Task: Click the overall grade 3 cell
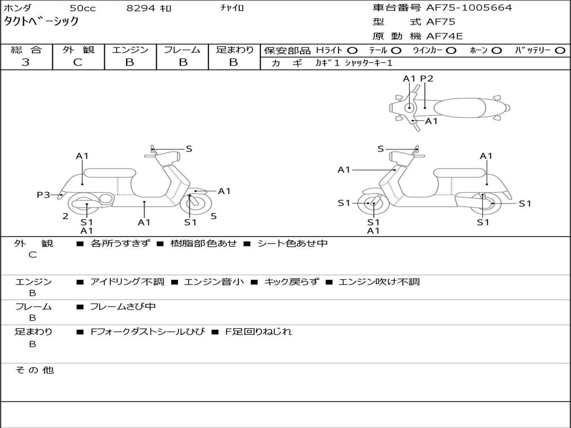[26, 62]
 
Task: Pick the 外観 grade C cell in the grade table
[78, 62]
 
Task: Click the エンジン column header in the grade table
[130, 50]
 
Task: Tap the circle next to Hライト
[352, 50]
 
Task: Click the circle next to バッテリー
[560, 50]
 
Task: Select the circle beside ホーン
[497, 50]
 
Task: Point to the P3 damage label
[43, 194]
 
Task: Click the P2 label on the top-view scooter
[427, 79]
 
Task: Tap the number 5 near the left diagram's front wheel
[214, 216]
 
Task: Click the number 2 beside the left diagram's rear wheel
[65, 216]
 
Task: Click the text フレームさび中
[123, 307]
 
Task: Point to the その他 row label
[35, 370]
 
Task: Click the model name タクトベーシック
[42, 22]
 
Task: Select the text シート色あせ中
[292, 244]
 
